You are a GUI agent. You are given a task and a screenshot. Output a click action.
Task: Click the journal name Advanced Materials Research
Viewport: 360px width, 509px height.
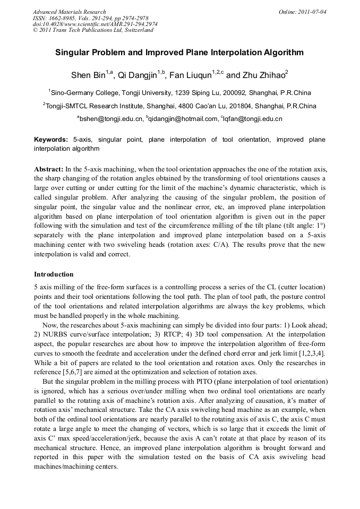click(x=70, y=12)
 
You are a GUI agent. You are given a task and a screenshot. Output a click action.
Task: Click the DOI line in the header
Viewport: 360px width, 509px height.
click(x=95, y=24)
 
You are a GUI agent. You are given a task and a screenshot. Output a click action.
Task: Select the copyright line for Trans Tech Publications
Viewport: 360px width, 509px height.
click(x=93, y=30)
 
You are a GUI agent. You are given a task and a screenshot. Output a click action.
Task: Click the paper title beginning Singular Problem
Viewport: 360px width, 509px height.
click(x=179, y=53)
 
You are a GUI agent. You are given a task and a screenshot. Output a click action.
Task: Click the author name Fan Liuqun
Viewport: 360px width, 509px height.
click(x=193, y=75)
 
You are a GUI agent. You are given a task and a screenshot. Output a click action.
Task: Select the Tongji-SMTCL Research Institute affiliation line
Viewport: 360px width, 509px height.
click(x=179, y=106)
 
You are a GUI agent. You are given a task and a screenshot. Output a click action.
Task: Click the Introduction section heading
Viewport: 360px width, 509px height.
click(x=54, y=274)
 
